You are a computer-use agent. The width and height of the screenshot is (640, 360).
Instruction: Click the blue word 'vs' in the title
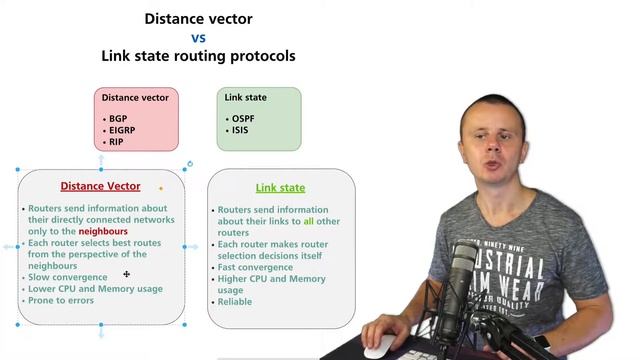coord(198,38)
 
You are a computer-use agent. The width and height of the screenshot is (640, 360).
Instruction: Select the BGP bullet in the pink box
coord(117,119)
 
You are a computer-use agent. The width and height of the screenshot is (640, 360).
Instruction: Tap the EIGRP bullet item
coord(122,131)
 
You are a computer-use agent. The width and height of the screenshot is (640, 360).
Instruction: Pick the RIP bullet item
coord(115,143)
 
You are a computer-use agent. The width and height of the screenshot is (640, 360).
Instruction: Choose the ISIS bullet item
coord(241,131)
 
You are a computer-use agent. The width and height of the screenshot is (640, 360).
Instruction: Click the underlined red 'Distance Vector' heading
coord(100,186)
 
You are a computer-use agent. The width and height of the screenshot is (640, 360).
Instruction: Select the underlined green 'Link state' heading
coord(280,187)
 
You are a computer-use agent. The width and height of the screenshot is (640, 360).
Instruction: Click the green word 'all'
coord(309,221)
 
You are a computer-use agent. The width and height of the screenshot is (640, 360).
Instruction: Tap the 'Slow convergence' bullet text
coord(67,277)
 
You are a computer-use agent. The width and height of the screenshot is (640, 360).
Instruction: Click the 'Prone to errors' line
coord(60,301)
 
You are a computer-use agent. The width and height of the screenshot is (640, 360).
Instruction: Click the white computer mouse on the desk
coord(377,348)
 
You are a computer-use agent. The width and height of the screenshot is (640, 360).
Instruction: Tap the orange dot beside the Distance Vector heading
coord(160,187)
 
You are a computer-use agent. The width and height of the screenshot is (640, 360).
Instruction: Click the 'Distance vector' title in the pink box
coord(135,98)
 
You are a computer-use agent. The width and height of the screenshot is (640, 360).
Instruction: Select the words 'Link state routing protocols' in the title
coord(198,56)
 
